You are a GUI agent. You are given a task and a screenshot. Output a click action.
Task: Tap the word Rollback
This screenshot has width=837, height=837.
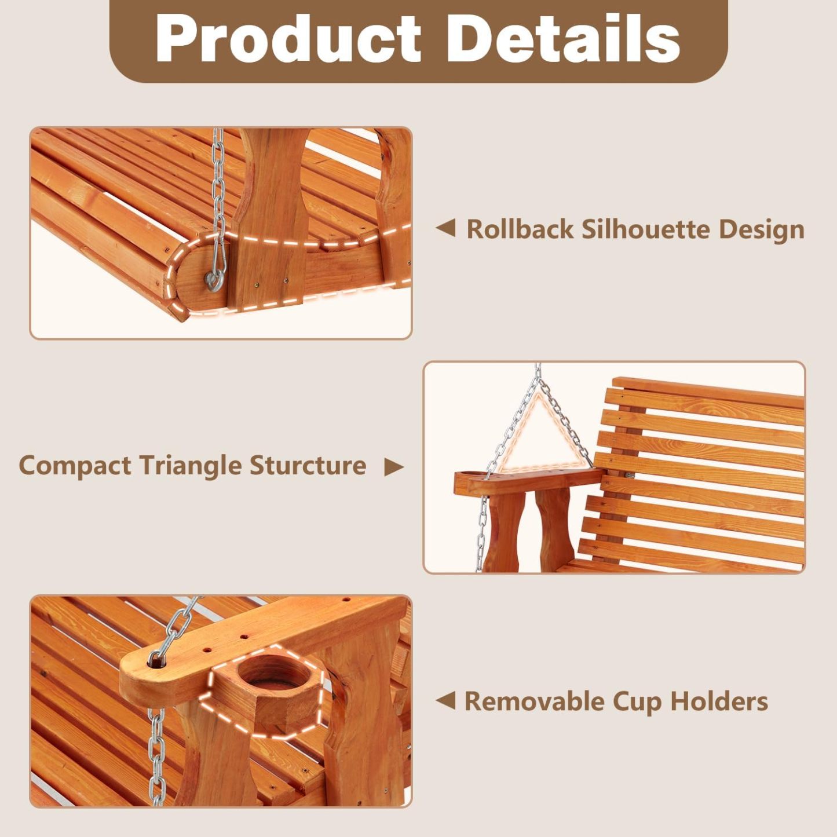click(x=520, y=229)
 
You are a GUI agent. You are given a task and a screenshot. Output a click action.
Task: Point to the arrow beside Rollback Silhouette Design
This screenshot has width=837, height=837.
click(x=445, y=228)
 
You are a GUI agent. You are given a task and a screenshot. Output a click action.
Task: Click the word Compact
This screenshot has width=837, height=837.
click(x=75, y=466)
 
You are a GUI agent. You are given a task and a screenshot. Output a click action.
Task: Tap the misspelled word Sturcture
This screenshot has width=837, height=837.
click(x=308, y=465)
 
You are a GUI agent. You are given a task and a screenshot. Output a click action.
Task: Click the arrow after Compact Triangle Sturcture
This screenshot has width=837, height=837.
click(x=393, y=467)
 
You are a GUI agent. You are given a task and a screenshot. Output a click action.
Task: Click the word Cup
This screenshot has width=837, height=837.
click(x=637, y=702)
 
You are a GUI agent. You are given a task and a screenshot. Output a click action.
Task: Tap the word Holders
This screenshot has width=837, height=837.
click(x=719, y=701)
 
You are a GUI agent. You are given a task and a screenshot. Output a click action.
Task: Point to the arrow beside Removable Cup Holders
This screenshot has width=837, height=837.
click(x=445, y=700)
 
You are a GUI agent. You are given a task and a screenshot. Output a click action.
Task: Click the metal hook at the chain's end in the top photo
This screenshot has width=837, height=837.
click(x=215, y=280)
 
